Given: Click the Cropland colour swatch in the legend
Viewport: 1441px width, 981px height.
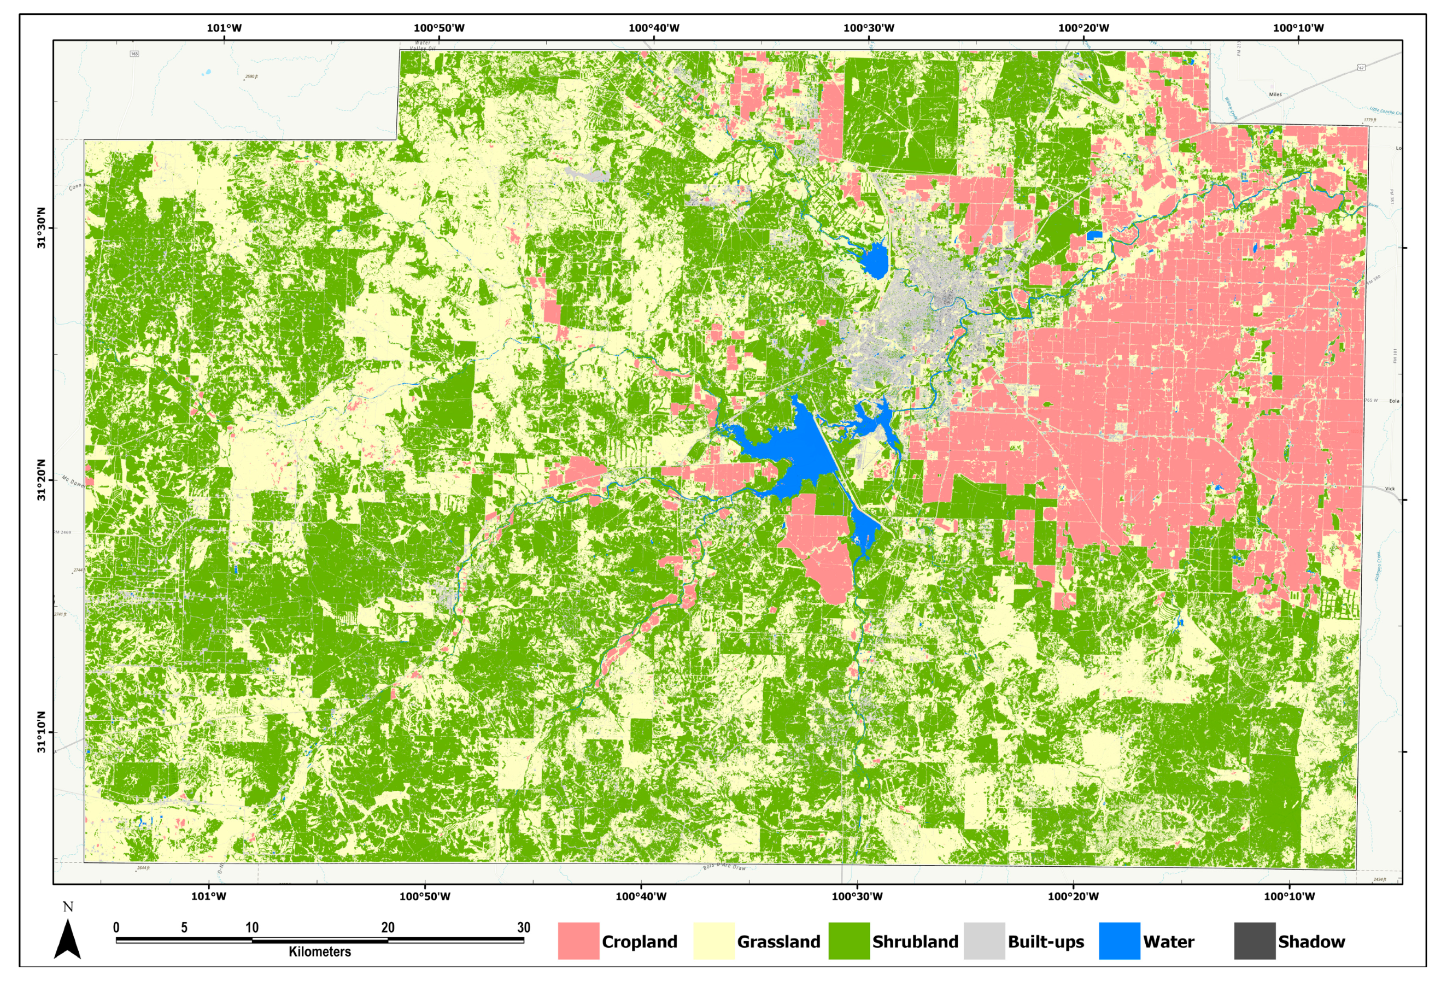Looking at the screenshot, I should (x=578, y=941).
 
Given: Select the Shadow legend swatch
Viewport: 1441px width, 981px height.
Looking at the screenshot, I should (x=1255, y=941).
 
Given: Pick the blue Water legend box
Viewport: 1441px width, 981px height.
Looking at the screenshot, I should (x=1119, y=941).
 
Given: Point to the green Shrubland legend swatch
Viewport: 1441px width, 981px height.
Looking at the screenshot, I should (x=849, y=941).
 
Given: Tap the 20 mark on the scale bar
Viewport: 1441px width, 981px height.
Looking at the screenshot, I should (x=388, y=927).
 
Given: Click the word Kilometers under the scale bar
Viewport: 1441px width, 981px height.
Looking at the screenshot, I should (x=319, y=951).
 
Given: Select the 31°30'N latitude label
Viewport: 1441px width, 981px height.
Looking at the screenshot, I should (x=42, y=228).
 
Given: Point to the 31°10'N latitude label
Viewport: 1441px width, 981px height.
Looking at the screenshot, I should (x=42, y=732).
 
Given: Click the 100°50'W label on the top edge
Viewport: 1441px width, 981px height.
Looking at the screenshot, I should (x=439, y=28).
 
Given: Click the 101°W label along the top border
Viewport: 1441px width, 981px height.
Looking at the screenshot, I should (x=224, y=28).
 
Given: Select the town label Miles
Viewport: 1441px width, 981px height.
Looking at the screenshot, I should (x=1275, y=95).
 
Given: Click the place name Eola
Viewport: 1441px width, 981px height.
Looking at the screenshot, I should (x=1394, y=401).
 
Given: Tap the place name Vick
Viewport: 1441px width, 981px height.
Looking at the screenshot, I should (x=1390, y=489).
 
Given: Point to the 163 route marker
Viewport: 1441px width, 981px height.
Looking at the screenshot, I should (x=134, y=54).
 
